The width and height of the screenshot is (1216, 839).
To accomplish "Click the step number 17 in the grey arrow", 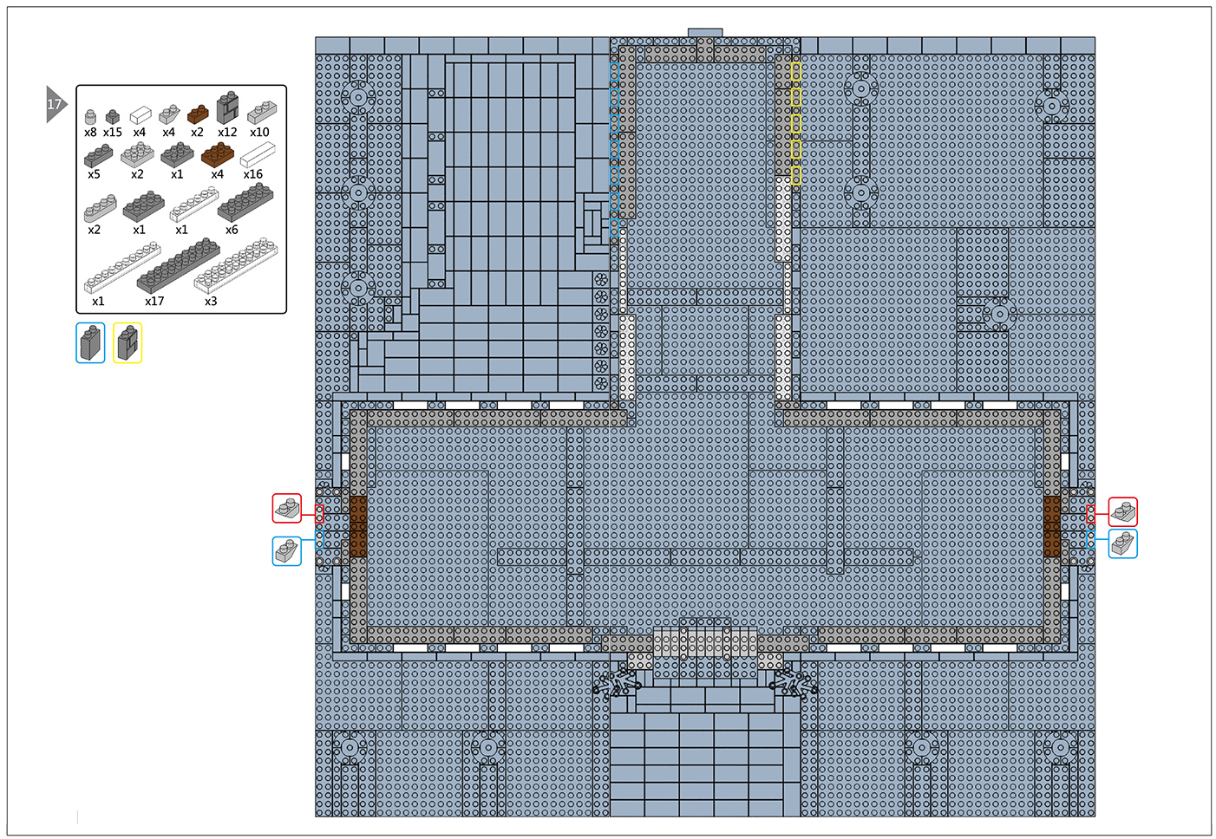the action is (x=54, y=104).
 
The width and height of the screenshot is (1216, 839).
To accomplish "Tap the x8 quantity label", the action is (x=90, y=133).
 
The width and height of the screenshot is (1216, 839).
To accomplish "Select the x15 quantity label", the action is (x=113, y=133).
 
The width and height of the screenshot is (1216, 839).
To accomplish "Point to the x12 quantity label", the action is (x=227, y=133).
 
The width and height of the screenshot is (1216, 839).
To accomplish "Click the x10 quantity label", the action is (x=259, y=133).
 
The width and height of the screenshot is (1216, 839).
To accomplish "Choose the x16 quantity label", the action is (x=253, y=174).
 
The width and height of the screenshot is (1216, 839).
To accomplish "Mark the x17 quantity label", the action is (x=154, y=302).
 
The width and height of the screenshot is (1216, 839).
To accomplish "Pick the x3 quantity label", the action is (x=211, y=302).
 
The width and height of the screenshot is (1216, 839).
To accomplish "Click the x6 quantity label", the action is (x=232, y=230).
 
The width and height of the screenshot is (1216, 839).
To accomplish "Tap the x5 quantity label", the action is (x=94, y=174).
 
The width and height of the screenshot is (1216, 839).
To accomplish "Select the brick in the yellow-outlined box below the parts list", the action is (x=127, y=342).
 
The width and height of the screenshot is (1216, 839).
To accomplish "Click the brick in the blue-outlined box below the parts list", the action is (x=91, y=342).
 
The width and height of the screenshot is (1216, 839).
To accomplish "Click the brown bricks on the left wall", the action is (x=358, y=526).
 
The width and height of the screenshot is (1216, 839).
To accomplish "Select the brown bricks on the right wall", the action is (x=1052, y=526).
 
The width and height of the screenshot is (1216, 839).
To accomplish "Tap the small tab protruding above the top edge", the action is (x=705, y=33).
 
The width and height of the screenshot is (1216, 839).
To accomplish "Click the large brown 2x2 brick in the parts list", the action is (x=217, y=154).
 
